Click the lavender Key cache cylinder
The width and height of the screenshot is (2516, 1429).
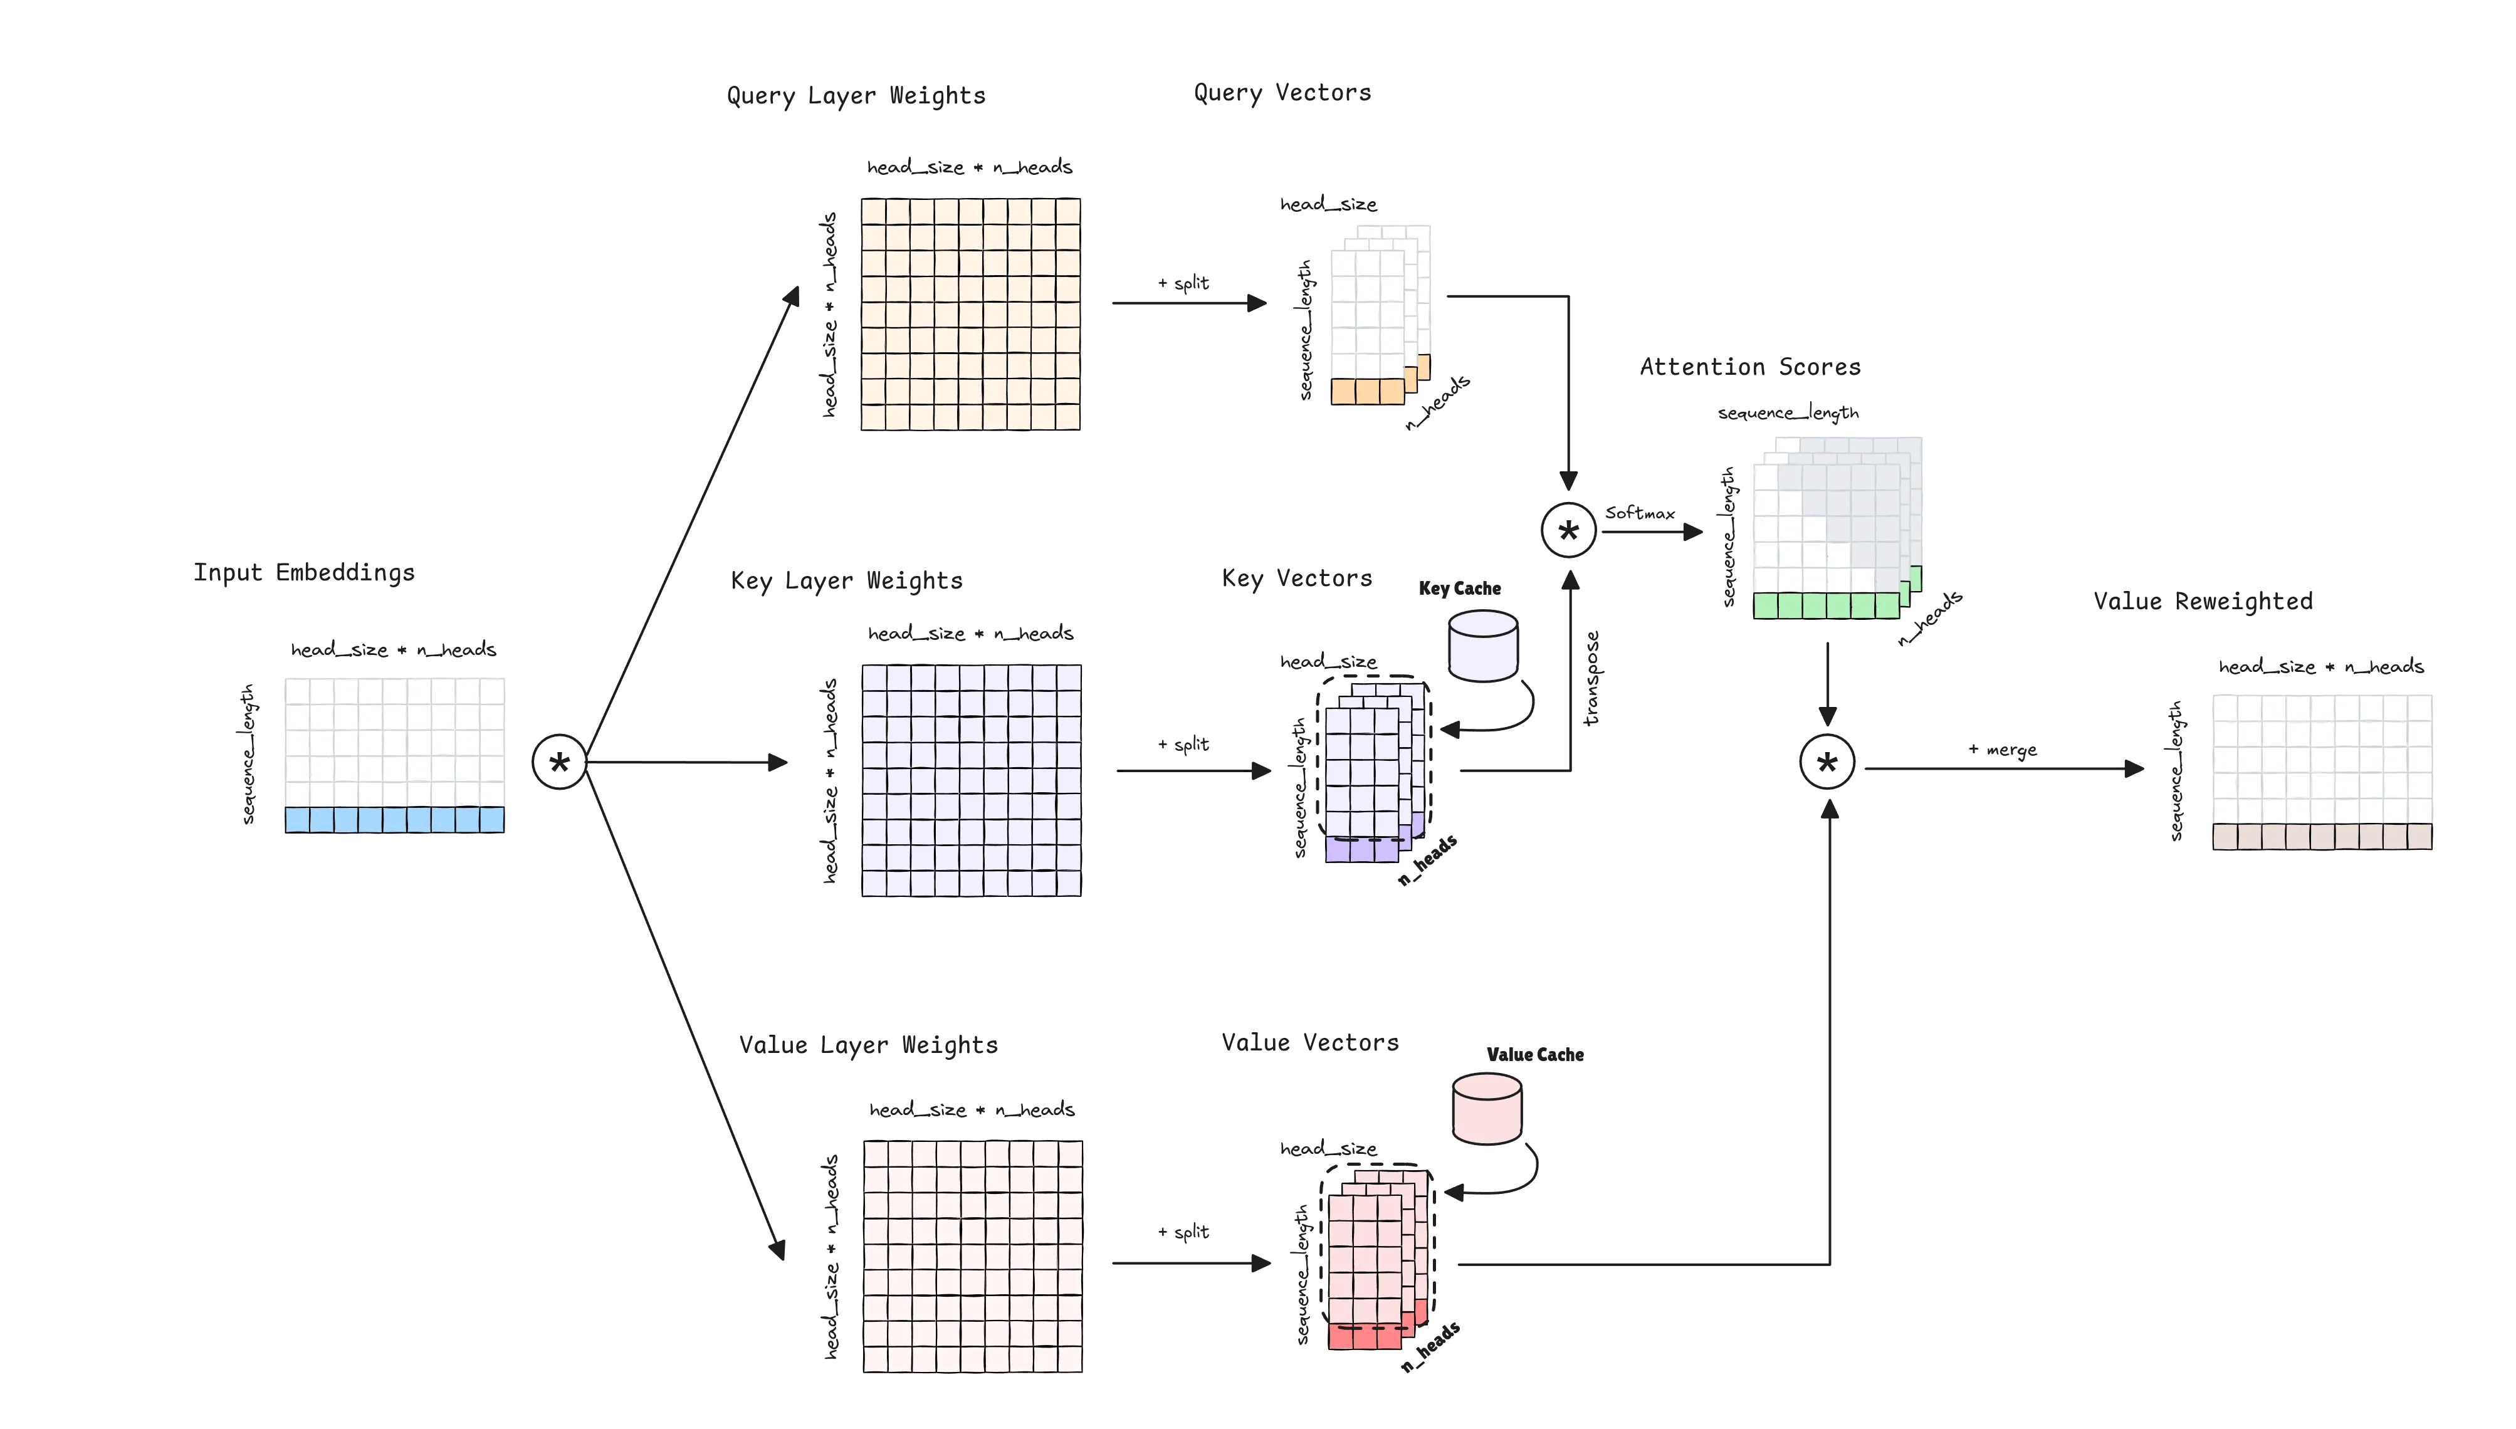click(x=1483, y=646)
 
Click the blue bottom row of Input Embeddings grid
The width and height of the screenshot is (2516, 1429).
click(x=394, y=820)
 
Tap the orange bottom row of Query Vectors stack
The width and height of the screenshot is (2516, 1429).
click(x=1367, y=392)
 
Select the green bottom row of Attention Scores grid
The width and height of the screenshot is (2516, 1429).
click(x=1826, y=605)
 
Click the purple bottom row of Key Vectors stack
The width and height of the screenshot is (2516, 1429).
click(x=1363, y=850)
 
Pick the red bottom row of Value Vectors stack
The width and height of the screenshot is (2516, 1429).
click(x=1365, y=1336)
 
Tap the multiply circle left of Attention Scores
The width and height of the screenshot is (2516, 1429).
click(x=1568, y=531)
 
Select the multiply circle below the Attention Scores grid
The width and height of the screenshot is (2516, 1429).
click(x=1827, y=763)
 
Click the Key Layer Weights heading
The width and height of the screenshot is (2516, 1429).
click(x=847, y=580)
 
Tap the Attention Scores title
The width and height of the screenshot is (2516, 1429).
click(x=1749, y=367)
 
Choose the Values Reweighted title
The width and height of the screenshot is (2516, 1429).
click(x=2204, y=602)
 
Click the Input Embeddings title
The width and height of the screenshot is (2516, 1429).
click(x=303, y=573)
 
